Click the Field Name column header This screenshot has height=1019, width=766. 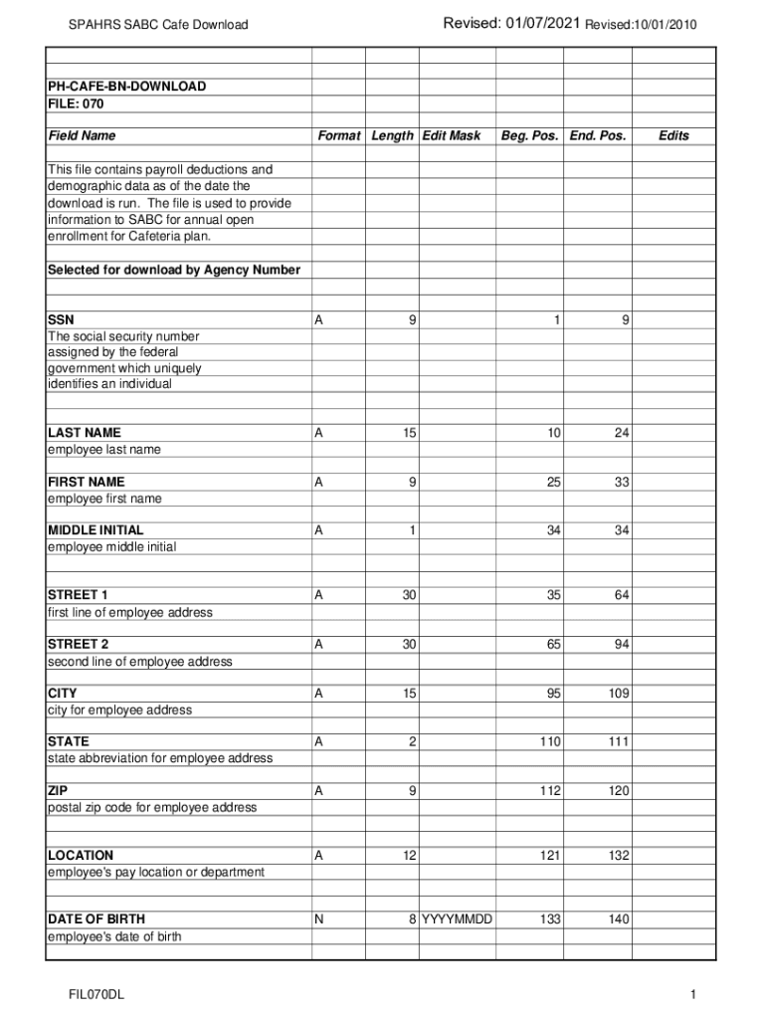pyautogui.click(x=82, y=135)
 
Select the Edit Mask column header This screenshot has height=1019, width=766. pyautogui.click(x=452, y=135)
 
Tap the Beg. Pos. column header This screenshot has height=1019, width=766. pyautogui.click(x=529, y=135)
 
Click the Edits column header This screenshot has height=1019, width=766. pyautogui.click(x=673, y=135)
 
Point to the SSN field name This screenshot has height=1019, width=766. pyautogui.click(x=61, y=320)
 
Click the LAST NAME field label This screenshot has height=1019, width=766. pyautogui.click(x=85, y=433)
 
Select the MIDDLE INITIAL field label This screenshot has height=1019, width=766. pyautogui.click(x=96, y=530)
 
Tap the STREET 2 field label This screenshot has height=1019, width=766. pyautogui.click(x=78, y=644)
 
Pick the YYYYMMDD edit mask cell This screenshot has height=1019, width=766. pyautogui.click(x=458, y=919)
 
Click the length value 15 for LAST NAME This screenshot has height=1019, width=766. pyautogui.click(x=409, y=433)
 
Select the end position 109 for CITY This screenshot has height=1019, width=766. pyautogui.click(x=617, y=693)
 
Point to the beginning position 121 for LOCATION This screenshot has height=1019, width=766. pyautogui.click(x=550, y=856)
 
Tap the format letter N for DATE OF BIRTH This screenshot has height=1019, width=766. pyautogui.click(x=318, y=919)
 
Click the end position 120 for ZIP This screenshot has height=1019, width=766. pyautogui.click(x=617, y=790)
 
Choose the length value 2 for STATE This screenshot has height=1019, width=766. pyautogui.click(x=412, y=741)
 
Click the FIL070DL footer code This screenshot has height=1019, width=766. pyautogui.click(x=96, y=995)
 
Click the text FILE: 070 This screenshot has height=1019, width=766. pyautogui.click(x=76, y=103)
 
